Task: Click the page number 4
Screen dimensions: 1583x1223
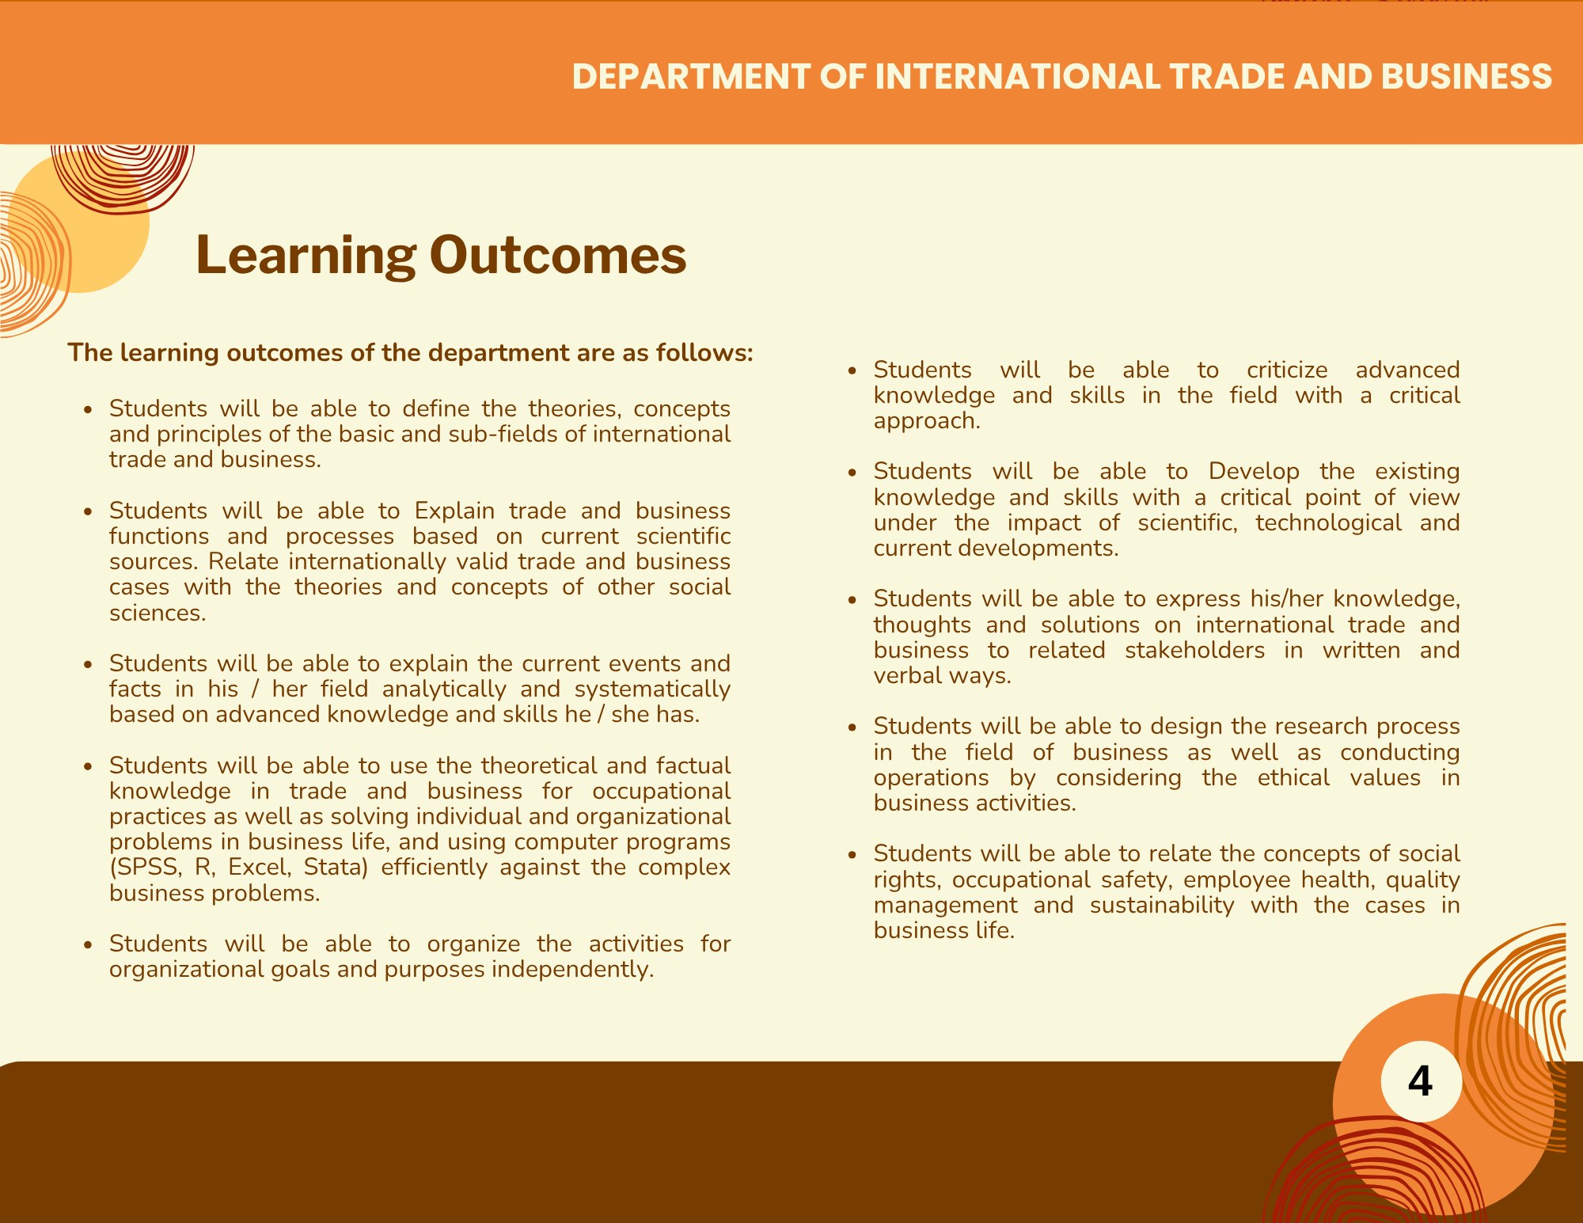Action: tap(1421, 1081)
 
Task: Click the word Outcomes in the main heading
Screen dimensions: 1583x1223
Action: tap(558, 255)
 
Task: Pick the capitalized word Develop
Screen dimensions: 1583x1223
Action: tap(1254, 472)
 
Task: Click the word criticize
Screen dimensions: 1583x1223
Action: tap(1287, 370)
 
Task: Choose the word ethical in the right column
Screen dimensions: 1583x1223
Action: tap(1294, 777)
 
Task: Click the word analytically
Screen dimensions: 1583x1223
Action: tap(444, 689)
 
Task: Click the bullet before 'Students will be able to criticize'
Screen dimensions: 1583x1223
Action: tap(852, 370)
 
